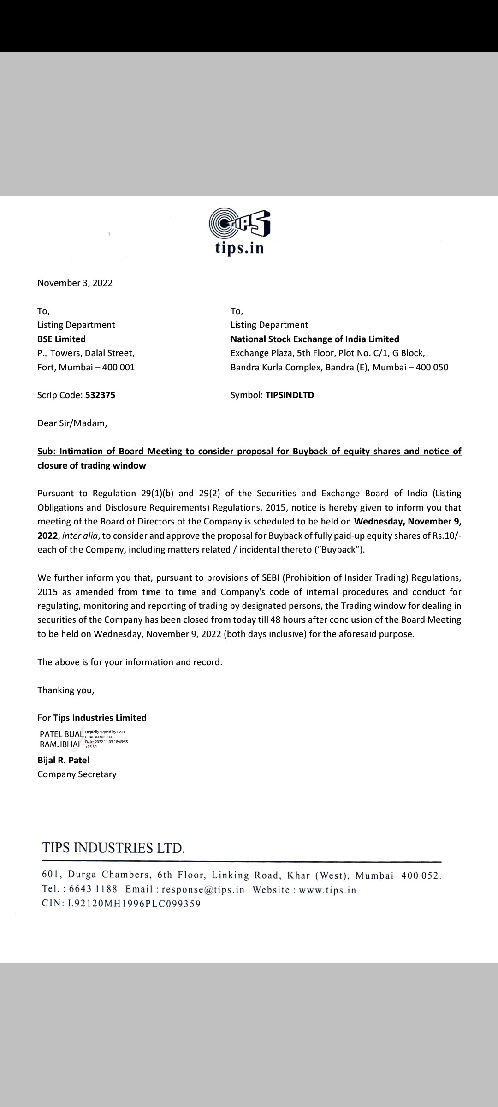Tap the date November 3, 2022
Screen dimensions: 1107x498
75,283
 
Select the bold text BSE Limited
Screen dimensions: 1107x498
61,339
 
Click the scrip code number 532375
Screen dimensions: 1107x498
100,395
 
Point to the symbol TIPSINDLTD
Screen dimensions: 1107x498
290,395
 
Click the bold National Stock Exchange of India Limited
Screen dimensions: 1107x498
314,339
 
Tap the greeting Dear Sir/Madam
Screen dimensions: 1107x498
72,423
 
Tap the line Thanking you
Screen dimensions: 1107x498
65,690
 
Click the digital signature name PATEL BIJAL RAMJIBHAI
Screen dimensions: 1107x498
61,739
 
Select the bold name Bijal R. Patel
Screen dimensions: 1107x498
63,760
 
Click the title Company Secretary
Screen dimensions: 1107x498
77,774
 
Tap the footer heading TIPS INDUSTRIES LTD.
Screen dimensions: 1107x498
113,848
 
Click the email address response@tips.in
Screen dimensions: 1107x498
203,890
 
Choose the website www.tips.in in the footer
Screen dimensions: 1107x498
327,890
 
